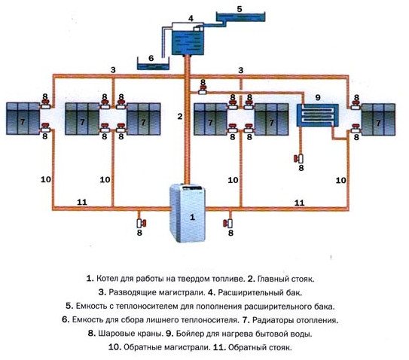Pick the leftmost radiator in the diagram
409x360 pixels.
click(25, 119)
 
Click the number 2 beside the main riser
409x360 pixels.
click(179, 116)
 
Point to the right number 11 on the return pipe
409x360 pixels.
click(298, 203)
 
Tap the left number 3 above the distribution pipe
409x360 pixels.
click(112, 70)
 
